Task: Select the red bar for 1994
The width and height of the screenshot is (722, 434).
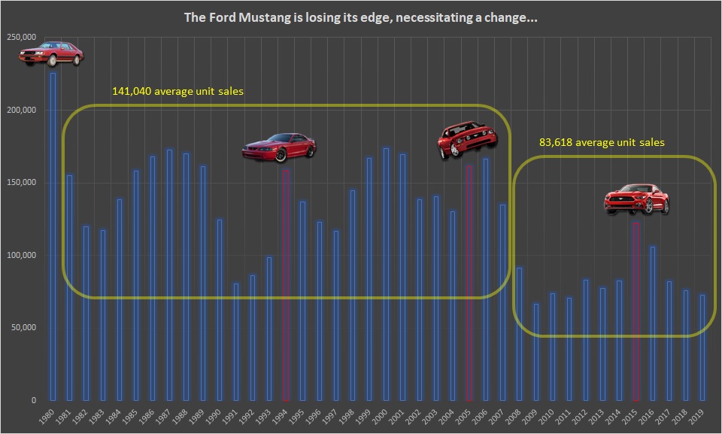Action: (285, 285)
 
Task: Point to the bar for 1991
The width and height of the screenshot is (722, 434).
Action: (235, 341)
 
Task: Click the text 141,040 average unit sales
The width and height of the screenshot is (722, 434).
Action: (177, 91)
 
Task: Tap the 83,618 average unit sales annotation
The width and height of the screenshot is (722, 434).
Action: (602, 141)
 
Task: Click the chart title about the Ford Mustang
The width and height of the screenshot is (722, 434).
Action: (361, 17)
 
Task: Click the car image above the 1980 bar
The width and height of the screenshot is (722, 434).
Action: (52, 54)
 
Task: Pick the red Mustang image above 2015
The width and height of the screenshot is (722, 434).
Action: (637, 199)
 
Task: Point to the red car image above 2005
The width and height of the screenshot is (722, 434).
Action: (467, 140)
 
